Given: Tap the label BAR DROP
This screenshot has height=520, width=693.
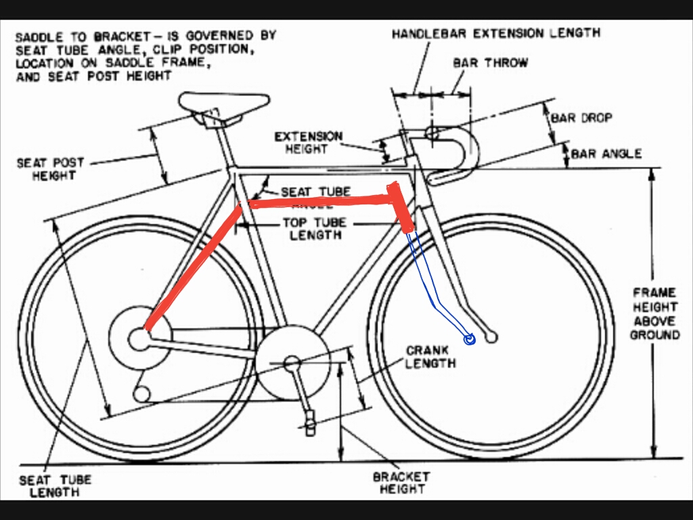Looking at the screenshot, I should [x=581, y=118].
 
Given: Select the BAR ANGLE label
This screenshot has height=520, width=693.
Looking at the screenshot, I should [x=606, y=154].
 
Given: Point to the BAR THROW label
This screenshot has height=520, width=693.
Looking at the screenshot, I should [x=490, y=62].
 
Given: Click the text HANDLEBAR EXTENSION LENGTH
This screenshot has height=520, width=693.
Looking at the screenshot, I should [x=495, y=33].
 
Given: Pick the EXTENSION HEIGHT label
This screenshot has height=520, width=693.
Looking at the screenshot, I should [x=308, y=143].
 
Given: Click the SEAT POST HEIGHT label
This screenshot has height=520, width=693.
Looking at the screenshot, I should [x=50, y=169].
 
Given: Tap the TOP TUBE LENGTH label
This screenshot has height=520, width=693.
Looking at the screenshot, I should [x=315, y=229].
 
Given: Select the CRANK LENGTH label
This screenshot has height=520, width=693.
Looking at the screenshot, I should [x=430, y=357].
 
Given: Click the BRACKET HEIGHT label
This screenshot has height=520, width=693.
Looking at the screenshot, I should [x=401, y=482].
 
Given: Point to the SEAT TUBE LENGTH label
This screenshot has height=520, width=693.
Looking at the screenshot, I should [x=55, y=486].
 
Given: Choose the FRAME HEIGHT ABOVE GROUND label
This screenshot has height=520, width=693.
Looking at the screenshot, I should [x=654, y=313].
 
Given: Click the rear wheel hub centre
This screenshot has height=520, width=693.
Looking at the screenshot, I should [x=139, y=338].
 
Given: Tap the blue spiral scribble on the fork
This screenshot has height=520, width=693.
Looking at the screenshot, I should [x=468, y=339].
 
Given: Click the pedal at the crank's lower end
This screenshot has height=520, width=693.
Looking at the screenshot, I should [x=311, y=420].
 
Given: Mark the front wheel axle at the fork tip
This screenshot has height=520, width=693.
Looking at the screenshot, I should [x=492, y=337].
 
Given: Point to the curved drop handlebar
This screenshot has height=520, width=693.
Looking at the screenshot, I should [x=467, y=152].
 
